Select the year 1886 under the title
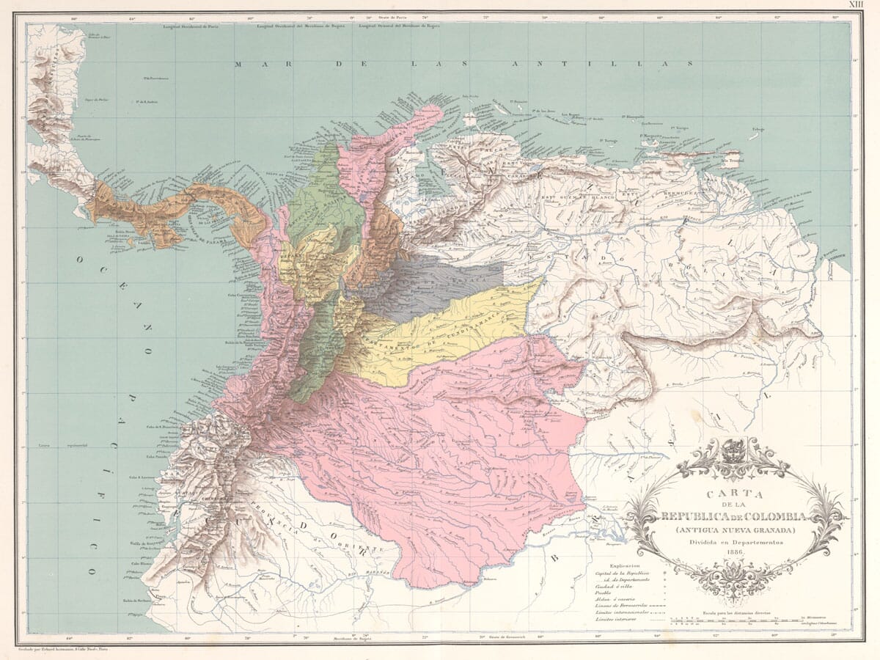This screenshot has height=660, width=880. click(x=735, y=551)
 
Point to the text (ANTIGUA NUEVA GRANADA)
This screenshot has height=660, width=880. click(x=735, y=527)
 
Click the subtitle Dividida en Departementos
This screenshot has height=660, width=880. click(x=735, y=540)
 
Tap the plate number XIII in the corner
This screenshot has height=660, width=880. click(x=855, y=4)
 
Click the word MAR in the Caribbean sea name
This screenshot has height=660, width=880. click(x=249, y=65)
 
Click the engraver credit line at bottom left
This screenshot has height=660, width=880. click(x=66, y=648)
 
